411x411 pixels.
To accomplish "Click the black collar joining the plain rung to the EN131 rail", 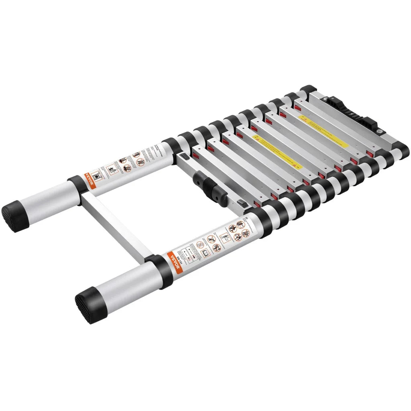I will click(x=162, y=271).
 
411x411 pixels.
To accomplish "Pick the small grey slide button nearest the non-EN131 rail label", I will click(x=183, y=156).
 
